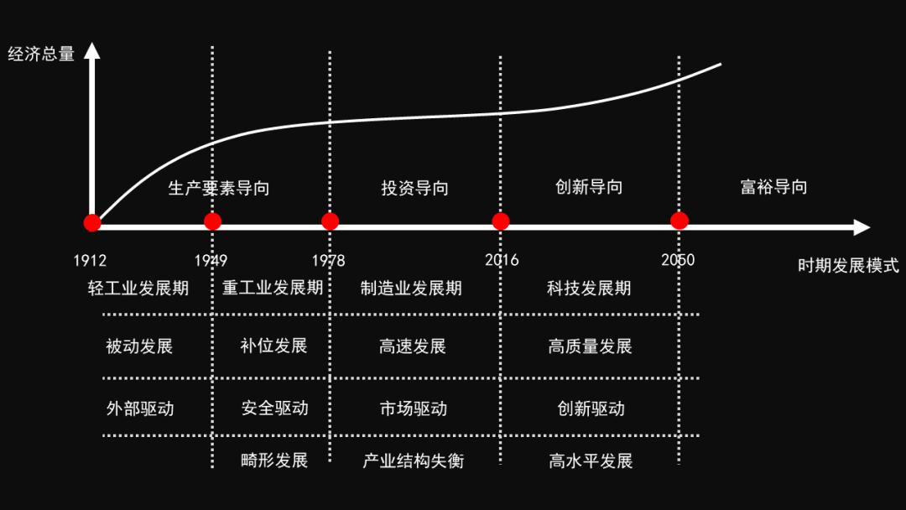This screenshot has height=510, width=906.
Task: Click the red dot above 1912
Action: coord(92,222)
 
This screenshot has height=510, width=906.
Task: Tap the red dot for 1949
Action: coord(212,221)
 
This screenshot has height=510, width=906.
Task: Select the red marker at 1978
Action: coord(330,221)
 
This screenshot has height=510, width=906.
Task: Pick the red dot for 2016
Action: coord(500,221)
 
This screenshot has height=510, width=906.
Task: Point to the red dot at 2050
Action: coord(679,221)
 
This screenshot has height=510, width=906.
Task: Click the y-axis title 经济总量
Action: coord(41,54)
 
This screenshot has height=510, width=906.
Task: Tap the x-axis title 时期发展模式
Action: coord(848,266)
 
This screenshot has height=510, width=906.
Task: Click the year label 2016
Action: coord(502,260)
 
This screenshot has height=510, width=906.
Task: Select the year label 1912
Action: coord(90,261)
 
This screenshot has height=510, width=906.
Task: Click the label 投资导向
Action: coord(415,188)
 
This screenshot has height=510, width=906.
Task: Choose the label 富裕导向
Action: coord(773,186)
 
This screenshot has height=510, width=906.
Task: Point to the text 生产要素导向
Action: coord(218,188)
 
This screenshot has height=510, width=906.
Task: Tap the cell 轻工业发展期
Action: coord(138,288)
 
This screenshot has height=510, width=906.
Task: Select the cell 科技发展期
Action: coord(589,288)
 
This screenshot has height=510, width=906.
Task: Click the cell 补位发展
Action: coord(273,346)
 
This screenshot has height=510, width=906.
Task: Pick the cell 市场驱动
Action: coord(413,409)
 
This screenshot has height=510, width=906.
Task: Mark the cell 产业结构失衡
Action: coord(413,461)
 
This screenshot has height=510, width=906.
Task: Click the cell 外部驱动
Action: coord(140,409)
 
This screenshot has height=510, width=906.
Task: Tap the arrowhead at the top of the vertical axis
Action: coord(92,51)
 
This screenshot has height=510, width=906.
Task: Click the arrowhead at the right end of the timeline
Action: coord(862,227)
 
